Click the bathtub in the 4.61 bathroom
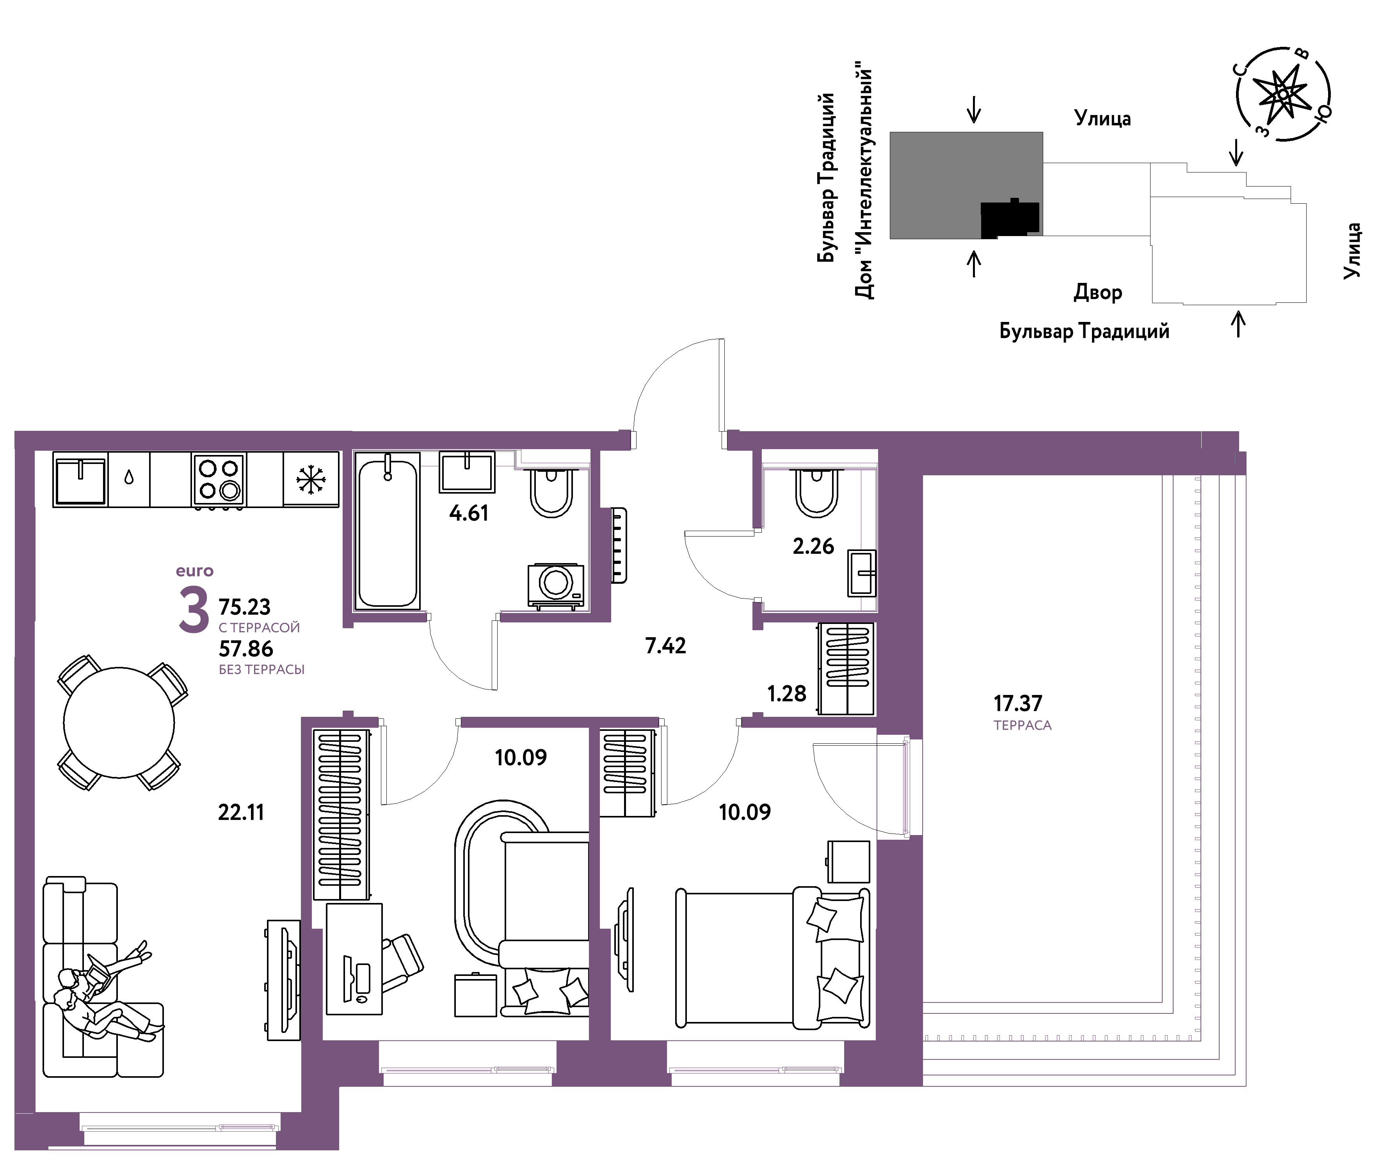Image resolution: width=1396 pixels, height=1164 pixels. pyautogui.click(x=388, y=530)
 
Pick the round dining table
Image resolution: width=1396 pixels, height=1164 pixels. pyautogui.click(x=119, y=723)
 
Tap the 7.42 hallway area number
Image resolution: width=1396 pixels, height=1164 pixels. pyautogui.click(x=665, y=645)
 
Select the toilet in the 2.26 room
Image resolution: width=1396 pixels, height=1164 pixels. pyautogui.click(x=816, y=492)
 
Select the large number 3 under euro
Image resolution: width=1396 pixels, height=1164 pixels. pyautogui.click(x=194, y=611)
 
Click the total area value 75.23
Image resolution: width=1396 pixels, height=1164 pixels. pyautogui.click(x=245, y=607)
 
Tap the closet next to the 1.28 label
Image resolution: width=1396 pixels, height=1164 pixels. pyautogui.click(x=846, y=669)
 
